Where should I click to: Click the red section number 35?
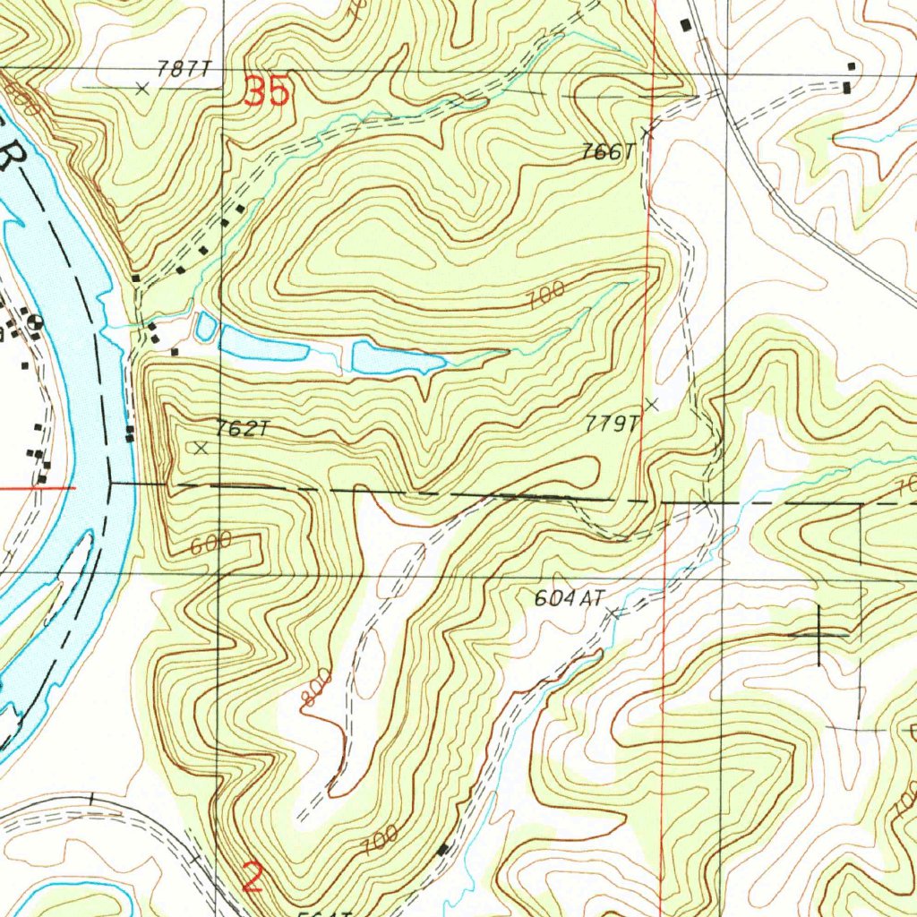click(x=267, y=91)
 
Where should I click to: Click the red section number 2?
click(x=253, y=877)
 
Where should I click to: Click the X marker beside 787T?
click(x=141, y=88)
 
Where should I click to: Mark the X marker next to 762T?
click(x=201, y=447)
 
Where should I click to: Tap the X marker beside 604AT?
click(x=613, y=613)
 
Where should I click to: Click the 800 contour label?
click(x=315, y=689)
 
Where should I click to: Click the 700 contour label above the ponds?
click(x=546, y=295)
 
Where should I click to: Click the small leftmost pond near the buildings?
click(x=205, y=326)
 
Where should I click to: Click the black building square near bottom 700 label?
click(x=442, y=848)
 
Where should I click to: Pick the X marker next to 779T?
click(x=652, y=405)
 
